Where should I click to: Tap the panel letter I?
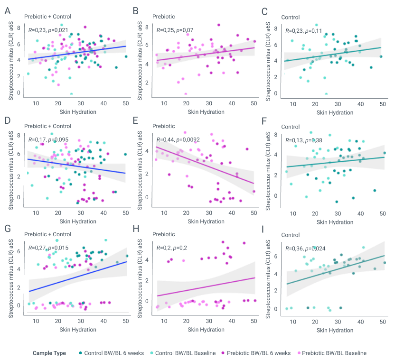coord(265,229)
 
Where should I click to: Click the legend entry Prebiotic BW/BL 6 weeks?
coord(259,353)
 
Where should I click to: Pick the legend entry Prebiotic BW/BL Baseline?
coord(334,353)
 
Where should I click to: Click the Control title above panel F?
coord(291,127)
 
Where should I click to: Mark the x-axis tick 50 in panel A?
coord(126,103)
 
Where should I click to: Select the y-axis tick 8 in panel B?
coord(147,27)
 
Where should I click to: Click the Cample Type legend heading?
coord(49,353)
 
